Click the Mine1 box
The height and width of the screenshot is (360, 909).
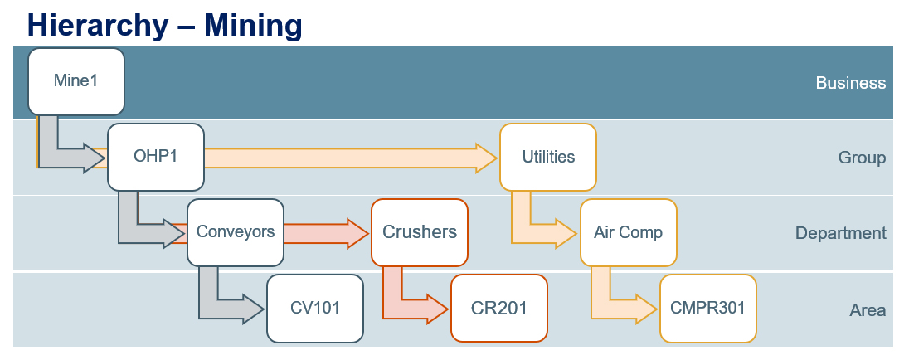click(76, 81)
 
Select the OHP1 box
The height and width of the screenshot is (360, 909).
click(155, 157)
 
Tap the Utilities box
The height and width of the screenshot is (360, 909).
click(548, 157)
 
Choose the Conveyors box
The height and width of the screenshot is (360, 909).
click(236, 232)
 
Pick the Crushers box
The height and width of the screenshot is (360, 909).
click(419, 232)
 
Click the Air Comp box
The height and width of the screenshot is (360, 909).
click(629, 232)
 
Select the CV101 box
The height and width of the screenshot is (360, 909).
click(315, 308)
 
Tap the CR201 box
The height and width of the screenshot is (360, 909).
click(499, 308)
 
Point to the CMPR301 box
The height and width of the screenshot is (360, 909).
click(707, 308)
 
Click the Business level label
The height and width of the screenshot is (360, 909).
click(850, 83)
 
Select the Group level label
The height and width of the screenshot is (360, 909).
click(862, 158)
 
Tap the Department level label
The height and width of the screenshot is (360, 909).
click(841, 233)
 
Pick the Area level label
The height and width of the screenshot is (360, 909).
click(868, 310)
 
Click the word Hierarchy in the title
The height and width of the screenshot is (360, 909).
click(97, 26)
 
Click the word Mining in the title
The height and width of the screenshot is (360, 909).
click(253, 26)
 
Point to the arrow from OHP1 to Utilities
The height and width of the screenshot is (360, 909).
click(350, 158)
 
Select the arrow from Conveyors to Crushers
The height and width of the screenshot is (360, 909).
click(326, 233)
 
